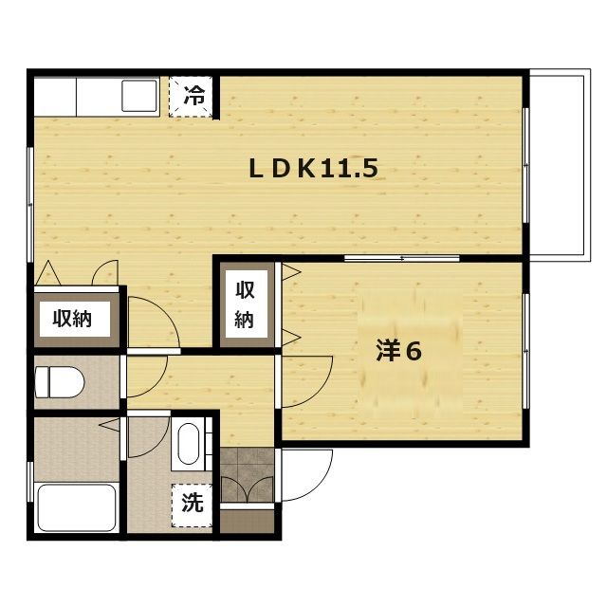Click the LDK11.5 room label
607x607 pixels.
pos(314,169)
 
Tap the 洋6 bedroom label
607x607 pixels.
pos(398,352)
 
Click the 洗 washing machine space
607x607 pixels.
pos(192,506)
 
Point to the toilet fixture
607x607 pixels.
pos(59,382)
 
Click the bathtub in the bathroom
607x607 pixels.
pos(77,507)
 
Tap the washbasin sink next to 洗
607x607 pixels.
pos(189,443)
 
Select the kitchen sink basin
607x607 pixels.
pos(139,96)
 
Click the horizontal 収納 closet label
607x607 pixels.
pos(72,319)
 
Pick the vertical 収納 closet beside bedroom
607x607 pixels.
pos(245,304)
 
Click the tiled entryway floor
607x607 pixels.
pos(247,475)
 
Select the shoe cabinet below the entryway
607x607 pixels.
pos(247,521)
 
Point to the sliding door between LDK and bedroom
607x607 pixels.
pos(401,258)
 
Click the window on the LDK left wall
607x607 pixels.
pos(29,205)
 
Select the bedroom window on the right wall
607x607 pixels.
pos(525,351)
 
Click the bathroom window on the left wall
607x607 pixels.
pos(29,482)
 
